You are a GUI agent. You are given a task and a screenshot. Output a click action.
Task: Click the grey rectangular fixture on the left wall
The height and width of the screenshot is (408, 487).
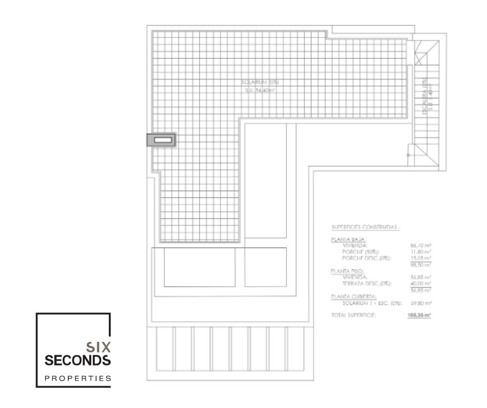(x=161, y=140)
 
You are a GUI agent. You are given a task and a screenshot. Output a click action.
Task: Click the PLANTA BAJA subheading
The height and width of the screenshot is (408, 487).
(x=348, y=240)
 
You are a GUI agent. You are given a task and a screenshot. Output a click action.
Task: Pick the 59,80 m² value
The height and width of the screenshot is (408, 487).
(x=421, y=302)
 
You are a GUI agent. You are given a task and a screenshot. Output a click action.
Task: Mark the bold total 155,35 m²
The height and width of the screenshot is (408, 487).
(x=420, y=315)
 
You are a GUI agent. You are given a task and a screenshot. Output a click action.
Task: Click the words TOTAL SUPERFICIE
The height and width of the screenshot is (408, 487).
(x=353, y=315)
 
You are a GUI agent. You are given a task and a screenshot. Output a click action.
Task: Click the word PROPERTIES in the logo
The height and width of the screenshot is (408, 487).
(x=78, y=377)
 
